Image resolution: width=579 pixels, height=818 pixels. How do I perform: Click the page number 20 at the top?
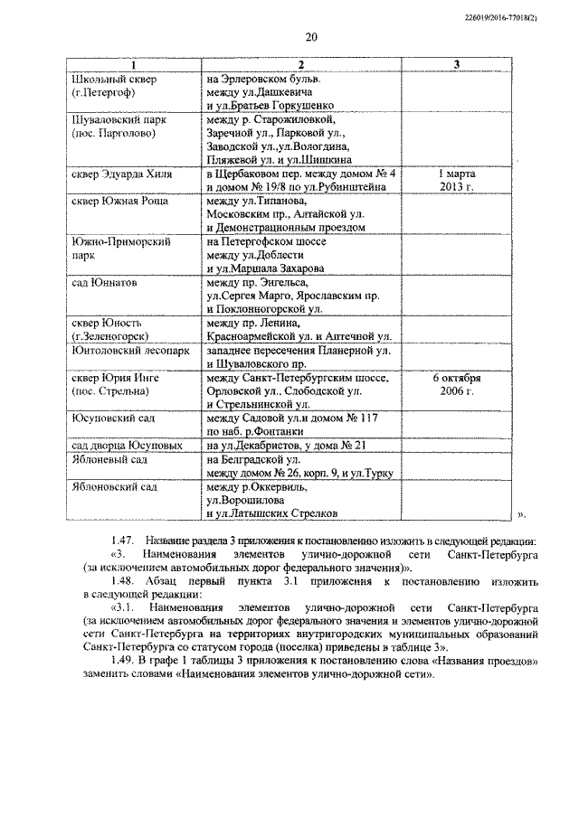click(311, 37)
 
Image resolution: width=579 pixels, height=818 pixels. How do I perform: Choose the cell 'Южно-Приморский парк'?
click(115, 248)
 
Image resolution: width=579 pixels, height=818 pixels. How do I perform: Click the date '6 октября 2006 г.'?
click(456, 384)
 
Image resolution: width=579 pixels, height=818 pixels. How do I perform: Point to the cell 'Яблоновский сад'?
click(114, 486)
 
